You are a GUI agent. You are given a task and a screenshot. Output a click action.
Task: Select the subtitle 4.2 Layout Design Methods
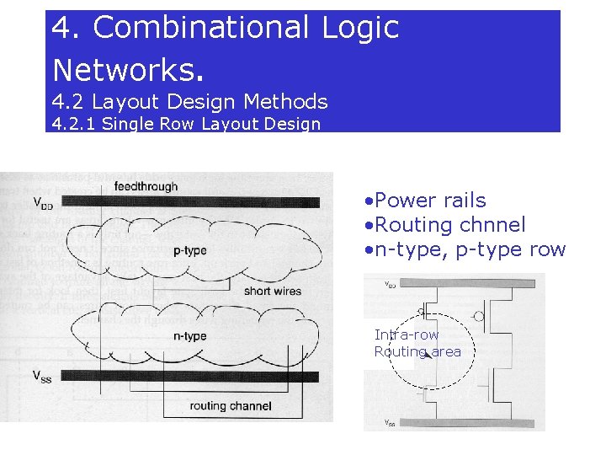pyautogui.click(x=189, y=102)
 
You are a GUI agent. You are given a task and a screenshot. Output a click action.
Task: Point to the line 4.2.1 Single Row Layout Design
pyautogui.click(x=186, y=125)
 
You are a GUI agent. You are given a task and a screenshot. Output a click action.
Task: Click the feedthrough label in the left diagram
pyautogui.click(x=146, y=186)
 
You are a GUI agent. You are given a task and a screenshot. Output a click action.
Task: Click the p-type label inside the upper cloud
pyautogui.click(x=189, y=250)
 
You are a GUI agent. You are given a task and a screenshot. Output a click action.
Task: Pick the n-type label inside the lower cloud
pyautogui.click(x=189, y=336)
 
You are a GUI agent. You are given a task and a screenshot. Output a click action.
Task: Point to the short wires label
pyautogui.click(x=272, y=292)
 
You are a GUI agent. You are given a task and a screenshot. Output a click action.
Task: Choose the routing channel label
pyautogui.click(x=231, y=406)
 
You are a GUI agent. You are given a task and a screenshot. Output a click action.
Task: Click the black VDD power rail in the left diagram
pyautogui.click(x=194, y=202)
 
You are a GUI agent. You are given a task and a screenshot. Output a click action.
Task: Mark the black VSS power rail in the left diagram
pyautogui.click(x=194, y=376)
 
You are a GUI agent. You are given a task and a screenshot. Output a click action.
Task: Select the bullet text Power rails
pyautogui.click(x=431, y=201)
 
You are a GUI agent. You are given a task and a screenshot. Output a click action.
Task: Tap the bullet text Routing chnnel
pyautogui.click(x=450, y=225)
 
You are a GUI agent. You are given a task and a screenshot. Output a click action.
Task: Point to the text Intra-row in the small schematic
pyautogui.click(x=407, y=335)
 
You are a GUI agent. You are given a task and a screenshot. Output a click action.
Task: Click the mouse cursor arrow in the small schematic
pyautogui.click(x=428, y=354)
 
